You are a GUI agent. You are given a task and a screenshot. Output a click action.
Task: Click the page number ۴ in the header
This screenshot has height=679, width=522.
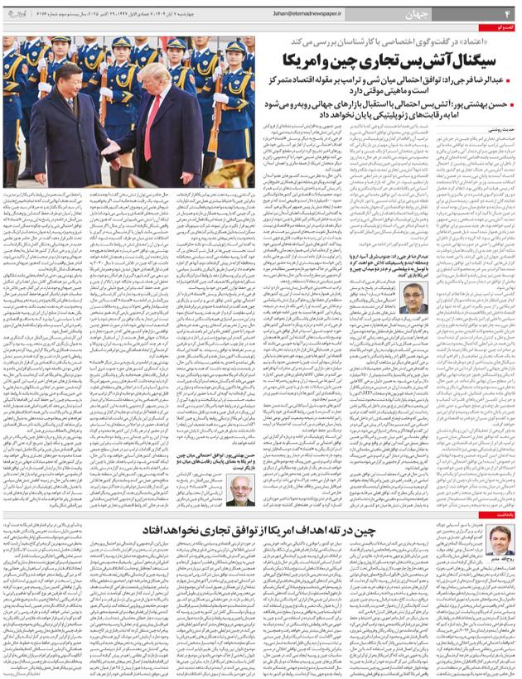505,14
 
